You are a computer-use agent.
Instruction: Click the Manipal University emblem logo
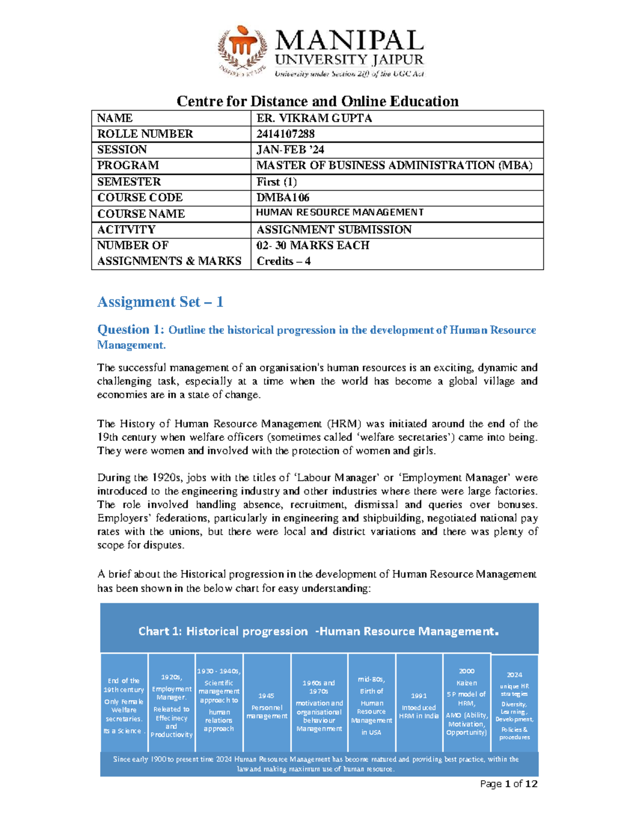tap(243, 51)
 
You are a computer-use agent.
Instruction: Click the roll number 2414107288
tap(285, 134)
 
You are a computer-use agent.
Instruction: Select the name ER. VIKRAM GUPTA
tap(314, 118)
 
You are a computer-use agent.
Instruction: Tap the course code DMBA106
tap(282, 198)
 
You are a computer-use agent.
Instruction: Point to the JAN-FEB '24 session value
tap(290, 150)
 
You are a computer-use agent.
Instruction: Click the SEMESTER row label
tap(129, 182)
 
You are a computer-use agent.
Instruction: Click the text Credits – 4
tap(284, 261)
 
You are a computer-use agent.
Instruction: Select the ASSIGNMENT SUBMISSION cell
tap(334, 229)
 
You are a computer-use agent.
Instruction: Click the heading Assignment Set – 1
tap(160, 302)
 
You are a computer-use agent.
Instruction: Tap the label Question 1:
tap(131, 330)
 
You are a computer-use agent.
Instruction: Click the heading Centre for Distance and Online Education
tap(317, 101)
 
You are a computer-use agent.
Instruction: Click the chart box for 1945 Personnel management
tap(267, 702)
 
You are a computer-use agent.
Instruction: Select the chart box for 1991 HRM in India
tap(419, 702)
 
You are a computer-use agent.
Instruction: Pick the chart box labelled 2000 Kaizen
tap(466, 702)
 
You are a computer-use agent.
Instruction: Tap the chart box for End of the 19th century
tap(124, 702)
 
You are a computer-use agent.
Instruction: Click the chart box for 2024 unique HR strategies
tap(514, 702)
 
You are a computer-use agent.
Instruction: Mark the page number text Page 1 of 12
tap(508, 784)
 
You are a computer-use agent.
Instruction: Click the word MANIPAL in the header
tap(349, 41)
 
